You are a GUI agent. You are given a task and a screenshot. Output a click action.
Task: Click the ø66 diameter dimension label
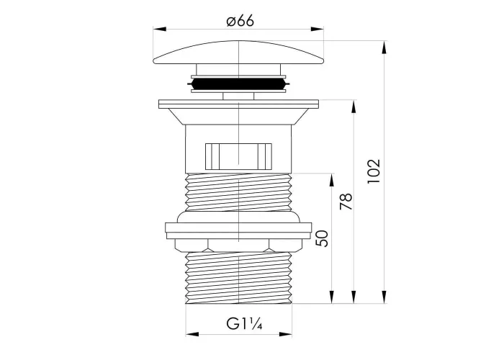pyautogui.click(x=240, y=21)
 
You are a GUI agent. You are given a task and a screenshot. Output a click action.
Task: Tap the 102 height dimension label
pyautogui.click(x=374, y=171)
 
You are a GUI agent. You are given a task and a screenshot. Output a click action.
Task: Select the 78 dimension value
pyautogui.click(x=346, y=202)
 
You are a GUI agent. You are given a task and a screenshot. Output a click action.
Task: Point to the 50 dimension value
pyautogui.click(x=322, y=238)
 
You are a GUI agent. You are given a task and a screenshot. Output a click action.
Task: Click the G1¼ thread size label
pyautogui.click(x=244, y=324)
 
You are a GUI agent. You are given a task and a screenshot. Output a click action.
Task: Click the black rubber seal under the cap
pyautogui.click(x=238, y=84)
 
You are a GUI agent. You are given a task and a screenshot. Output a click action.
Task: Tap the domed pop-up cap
pyautogui.click(x=238, y=53)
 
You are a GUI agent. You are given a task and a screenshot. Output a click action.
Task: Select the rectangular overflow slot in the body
pyautogui.click(x=238, y=156)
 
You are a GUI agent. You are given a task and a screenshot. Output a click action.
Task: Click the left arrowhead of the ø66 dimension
pyautogui.click(x=160, y=30)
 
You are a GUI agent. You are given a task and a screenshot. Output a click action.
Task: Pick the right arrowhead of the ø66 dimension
pyautogui.click(x=317, y=30)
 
